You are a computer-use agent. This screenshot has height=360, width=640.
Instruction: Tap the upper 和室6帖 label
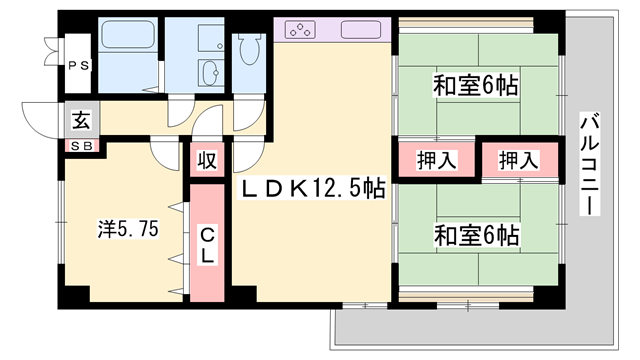[x=475, y=85]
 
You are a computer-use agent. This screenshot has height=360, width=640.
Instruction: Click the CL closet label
[x=207, y=245]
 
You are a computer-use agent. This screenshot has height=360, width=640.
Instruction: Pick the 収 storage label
[x=207, y=161]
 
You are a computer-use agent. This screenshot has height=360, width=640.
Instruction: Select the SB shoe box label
[x=82, y=146]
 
